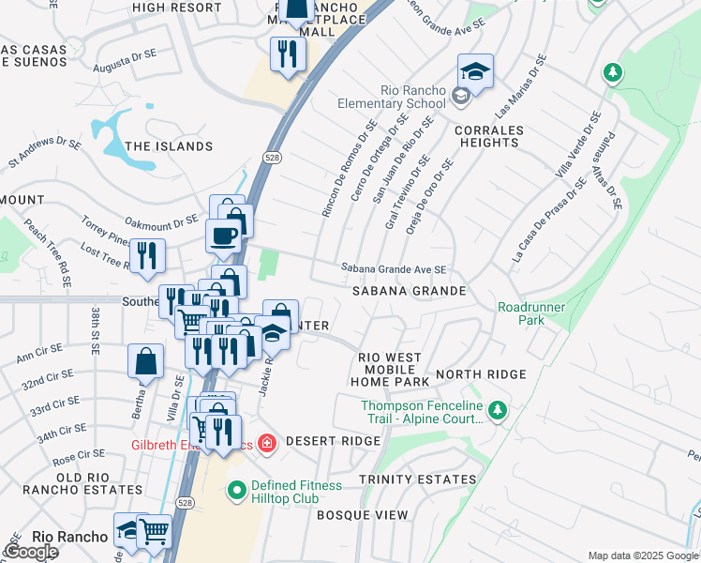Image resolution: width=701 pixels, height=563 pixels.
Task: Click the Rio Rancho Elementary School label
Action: click(x=399, y=97)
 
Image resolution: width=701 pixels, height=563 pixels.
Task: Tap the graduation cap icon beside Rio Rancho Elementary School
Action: click(x=475, y=72)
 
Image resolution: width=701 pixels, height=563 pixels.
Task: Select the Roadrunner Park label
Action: click(x=521, y=313)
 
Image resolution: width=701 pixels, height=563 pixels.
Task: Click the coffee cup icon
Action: click(x=223, y=236)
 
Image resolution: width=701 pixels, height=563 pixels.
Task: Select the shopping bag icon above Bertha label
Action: click(x=146, y=361)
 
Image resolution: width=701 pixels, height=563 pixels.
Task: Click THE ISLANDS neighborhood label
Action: click(x=169, y=146)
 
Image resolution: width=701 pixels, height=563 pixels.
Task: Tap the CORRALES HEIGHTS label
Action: click(x=487, y=136)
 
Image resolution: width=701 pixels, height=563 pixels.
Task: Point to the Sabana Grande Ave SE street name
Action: click(x=393, y=269)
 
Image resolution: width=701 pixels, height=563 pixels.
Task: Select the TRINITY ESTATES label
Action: click(x=417, y=479)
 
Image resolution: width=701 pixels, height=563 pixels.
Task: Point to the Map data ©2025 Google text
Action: click(x=642, y=555)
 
